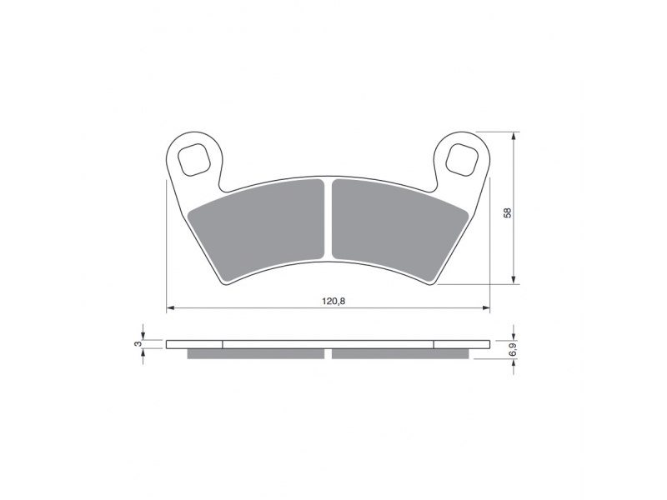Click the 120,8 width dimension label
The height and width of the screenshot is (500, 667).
(333, 302)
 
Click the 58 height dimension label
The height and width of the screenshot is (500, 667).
(507, 212)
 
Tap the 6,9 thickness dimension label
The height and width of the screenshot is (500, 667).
(514, 349)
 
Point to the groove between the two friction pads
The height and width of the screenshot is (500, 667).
(328, 220)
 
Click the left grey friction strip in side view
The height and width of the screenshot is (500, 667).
(256, 353)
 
